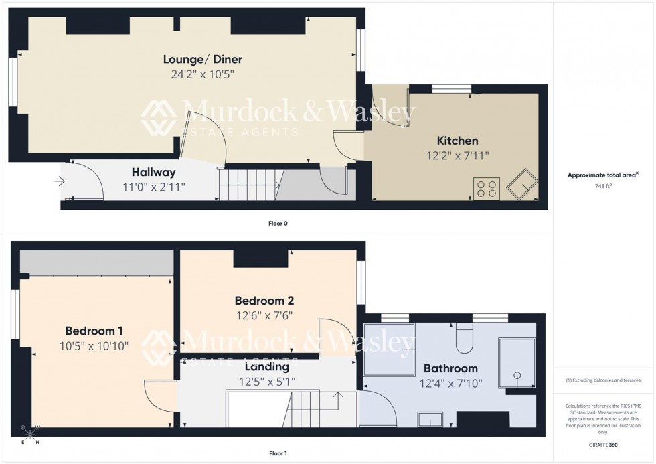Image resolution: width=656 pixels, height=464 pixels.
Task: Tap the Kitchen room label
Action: [x=457, y=141]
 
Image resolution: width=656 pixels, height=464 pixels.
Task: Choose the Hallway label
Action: [x=153, y=172]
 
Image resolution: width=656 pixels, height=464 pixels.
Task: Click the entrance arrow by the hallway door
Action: [x=61, y=181]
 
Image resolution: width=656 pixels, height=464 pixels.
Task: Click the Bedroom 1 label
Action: [x=93, y=331]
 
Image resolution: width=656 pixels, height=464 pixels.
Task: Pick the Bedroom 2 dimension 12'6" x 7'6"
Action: [x=264, y=315]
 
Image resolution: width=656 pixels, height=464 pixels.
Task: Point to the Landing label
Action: [x=267, y=367]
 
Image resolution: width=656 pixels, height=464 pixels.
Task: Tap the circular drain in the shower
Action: [x=517, y=376]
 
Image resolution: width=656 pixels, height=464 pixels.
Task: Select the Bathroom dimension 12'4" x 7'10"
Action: [x=450, y=384]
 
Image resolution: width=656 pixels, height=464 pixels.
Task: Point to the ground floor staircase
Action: [x=248, y=183]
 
